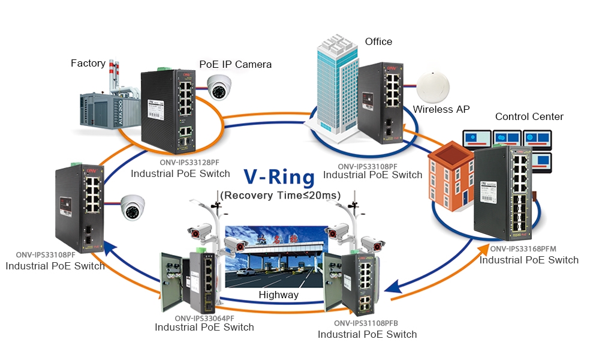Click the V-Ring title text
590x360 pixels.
click(x=279, y=178)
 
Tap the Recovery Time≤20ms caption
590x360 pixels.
click(x=280, y=195)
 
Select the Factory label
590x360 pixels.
click(x=88, y=63)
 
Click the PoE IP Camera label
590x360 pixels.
click(x=235, y=64)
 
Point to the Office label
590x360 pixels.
click(x=378, y=41)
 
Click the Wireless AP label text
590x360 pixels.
click(x=441, y=109)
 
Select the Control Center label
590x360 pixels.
click(x=529, y=116)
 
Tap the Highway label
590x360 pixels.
click(x=279, y=295)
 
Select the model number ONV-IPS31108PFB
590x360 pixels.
click(x=367, y=323)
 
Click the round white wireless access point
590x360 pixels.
click(x=434, y=88)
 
